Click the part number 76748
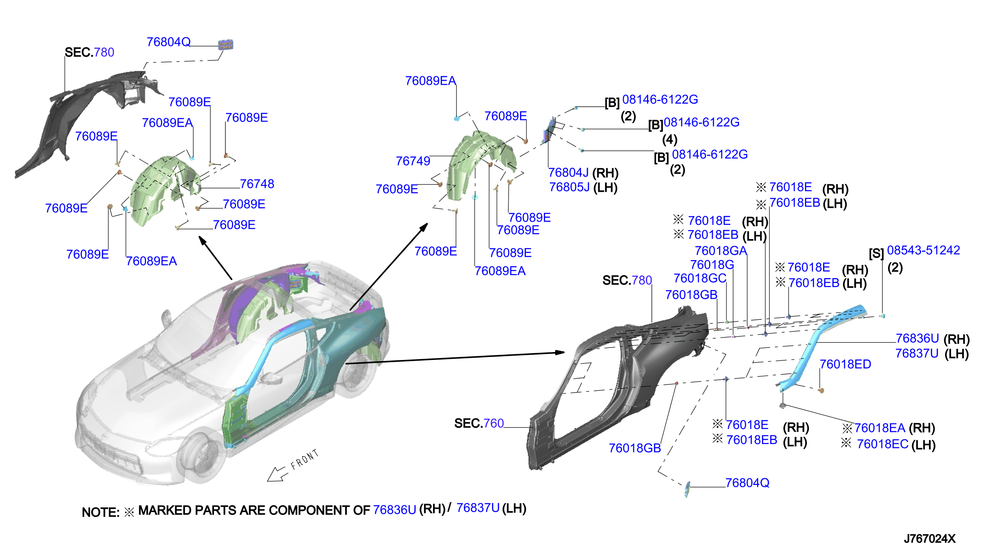[257, 184]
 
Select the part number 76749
[413, 161]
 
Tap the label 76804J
[568, 173]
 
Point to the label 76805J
[569, 187]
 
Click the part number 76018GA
[721, 251]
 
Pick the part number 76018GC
[700, 278]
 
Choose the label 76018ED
[845, 364]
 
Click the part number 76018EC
[882, 444]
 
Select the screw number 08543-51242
[923, 250]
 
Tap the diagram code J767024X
[929, 539]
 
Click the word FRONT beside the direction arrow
[304, 459]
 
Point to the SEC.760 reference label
[479, 423]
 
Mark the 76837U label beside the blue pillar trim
[917, 354]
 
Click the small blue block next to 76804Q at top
[226, 45]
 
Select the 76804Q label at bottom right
[747, 483]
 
